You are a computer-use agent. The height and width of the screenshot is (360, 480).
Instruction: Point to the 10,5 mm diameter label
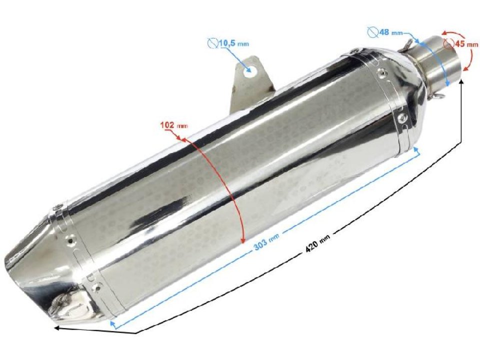(233, 44)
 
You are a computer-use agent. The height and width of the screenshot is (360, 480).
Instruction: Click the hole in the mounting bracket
(252, 70)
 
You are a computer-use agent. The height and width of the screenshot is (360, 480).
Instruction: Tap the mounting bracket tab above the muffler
(250, 80)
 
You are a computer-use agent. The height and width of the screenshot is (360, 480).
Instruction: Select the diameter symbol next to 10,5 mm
(212, 43)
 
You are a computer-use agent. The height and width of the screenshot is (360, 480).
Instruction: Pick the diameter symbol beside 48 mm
(372, 32)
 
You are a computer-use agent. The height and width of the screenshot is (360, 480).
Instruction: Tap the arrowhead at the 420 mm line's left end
(56, 328)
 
